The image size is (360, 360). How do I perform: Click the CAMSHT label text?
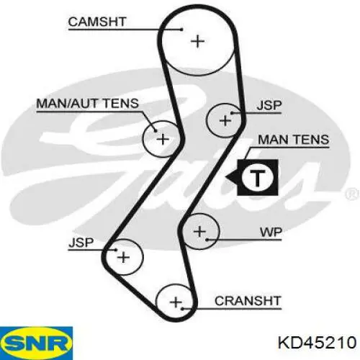coord(97,22)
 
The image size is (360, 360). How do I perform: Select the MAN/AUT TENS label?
coord(88,104)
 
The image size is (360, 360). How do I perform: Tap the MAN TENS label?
coord(293,140)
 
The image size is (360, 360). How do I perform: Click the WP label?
coord(271,233)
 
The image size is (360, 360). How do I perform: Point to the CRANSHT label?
coord(248,301)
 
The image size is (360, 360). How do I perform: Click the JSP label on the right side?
coord(269,105)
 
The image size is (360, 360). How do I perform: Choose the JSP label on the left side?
coord(81,243)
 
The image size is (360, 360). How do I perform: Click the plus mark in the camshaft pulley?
coord(197,42)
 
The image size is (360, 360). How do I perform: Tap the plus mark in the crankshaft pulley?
coord(176,302)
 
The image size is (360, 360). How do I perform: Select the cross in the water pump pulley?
coord(199,232)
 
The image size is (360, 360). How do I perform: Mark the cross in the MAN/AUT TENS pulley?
coord(163,139)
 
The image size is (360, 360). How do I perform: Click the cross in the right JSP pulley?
coord(225,120)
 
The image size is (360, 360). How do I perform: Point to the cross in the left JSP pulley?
coord(123,258)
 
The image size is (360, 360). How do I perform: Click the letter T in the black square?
coord(257,178)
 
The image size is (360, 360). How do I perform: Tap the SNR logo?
coord(36,343)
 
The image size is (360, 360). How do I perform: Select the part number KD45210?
coord(317,343)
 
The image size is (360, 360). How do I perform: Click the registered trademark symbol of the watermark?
coord(351,194)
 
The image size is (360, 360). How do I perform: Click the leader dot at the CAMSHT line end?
coord(181,30)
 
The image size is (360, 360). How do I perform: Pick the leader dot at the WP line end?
coord(207,240)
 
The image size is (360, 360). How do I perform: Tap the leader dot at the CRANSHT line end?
coord(182,309)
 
